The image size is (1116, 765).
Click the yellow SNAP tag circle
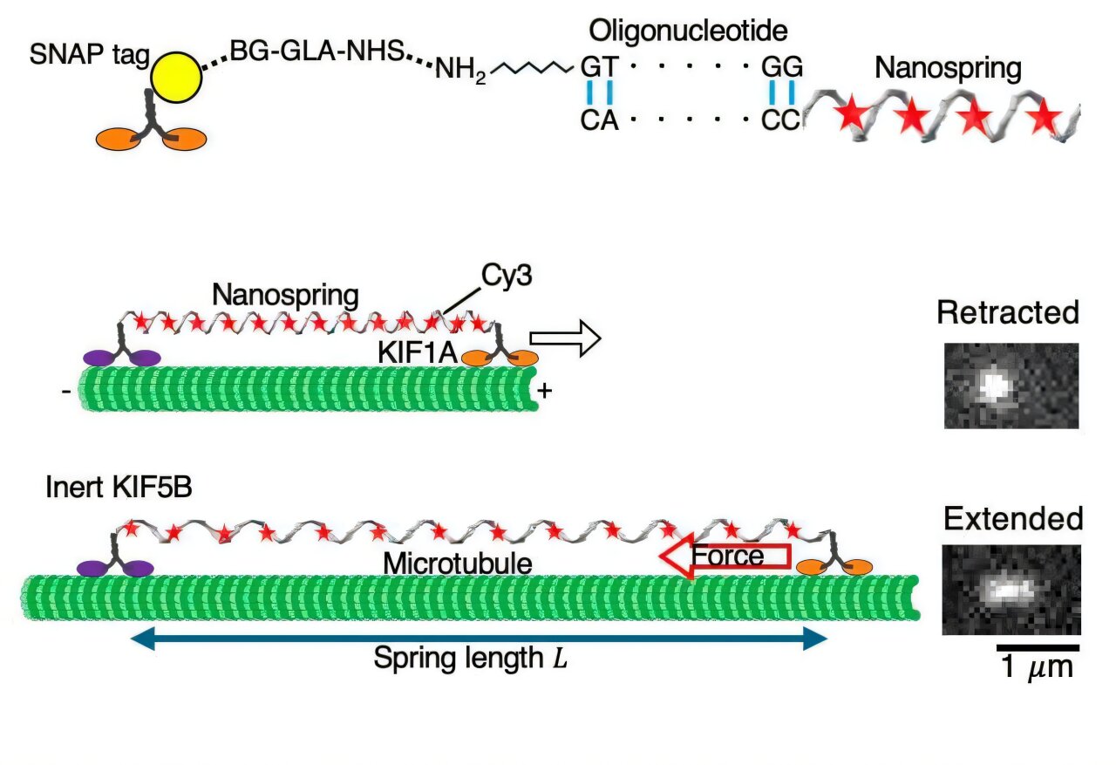[175, 77]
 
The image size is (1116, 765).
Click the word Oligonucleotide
[688, 32]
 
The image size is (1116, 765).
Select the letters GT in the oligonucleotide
[599, 66]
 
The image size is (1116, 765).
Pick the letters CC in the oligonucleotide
[780, 120]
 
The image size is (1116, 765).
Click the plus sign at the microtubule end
[545, 392]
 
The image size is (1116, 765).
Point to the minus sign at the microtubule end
[66, 392]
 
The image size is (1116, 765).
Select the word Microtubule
[457, 564]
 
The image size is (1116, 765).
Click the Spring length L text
[471, 658]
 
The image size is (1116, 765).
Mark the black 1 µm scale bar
[1038, 647]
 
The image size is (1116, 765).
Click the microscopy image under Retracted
[1011, 386]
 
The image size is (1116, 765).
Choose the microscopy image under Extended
[1011, 590]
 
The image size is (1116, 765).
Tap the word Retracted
[1008, 313]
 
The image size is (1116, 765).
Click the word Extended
[1012, 519]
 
